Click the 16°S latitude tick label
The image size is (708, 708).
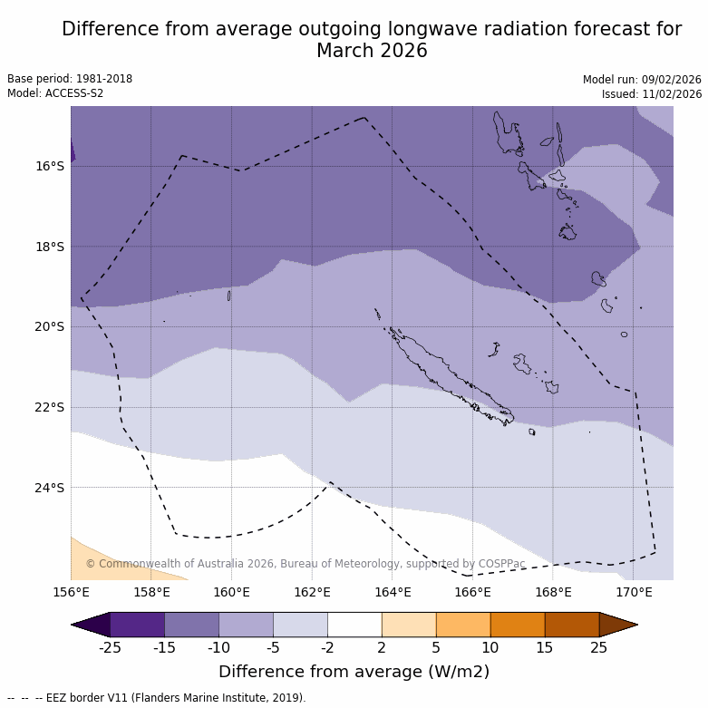coord(50,166)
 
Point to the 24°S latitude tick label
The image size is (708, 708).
coord(50,488)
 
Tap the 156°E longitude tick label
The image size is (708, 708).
coord(71,593)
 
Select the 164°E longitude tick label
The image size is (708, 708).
coord(393,593)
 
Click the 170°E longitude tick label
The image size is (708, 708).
coord(634,593)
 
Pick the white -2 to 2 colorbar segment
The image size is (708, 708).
coord(354,625)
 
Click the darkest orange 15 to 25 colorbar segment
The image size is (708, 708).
coord(571,625)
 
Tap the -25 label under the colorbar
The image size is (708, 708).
coord(110,647)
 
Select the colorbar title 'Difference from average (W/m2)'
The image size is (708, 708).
coord(354,672)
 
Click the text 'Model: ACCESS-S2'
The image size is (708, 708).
coord(55,93)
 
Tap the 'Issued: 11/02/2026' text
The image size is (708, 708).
coord(652,93)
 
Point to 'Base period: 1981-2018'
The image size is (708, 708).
coord(70,79)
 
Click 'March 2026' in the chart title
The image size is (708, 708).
coord(372,51)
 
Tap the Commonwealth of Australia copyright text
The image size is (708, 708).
coord(306,564)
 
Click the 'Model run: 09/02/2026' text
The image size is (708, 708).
coord(642,79)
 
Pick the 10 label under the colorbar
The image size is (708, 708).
coord(490,647)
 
